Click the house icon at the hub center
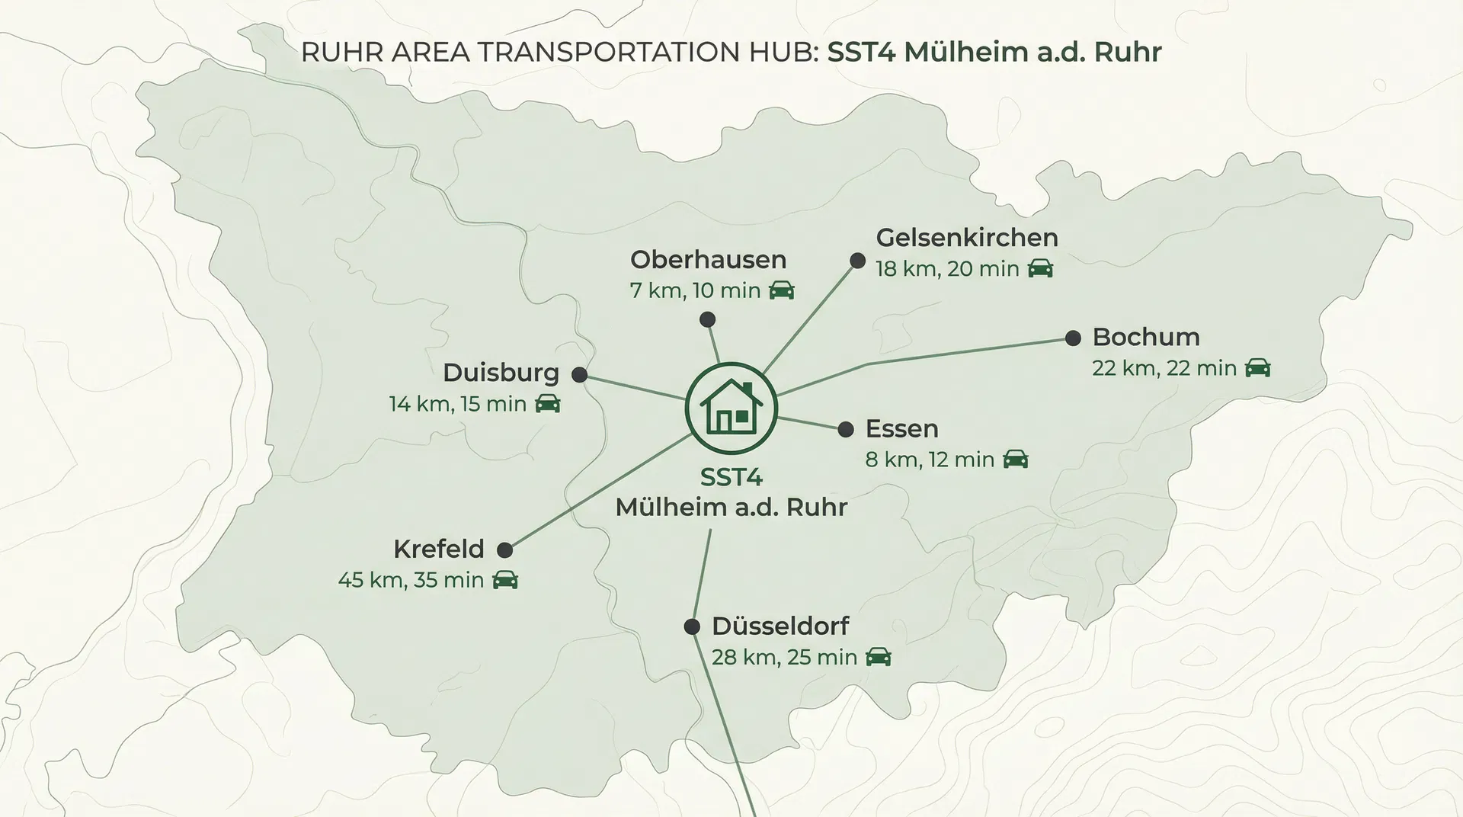click(731, 408)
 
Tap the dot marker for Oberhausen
click(707, 319)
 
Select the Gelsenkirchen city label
click(966, 238)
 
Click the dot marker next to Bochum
click(1073, 338)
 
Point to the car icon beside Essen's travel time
click(1015, 460)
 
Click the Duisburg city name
click(501, 373)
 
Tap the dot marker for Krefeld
click(504, 549)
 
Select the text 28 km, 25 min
click(784, 657)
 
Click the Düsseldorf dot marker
click(692, 626)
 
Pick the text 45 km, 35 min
click(411, 580)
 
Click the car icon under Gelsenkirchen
click(1040, 268)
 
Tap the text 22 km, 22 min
click(1164, 368)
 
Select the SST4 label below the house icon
click(731, 478)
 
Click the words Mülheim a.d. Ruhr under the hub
click(731, 508)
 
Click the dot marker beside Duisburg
click(579, 374)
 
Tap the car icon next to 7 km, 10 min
click(781, 290)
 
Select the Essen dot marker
click(845, 429)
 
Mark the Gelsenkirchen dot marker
click(857, 261)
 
